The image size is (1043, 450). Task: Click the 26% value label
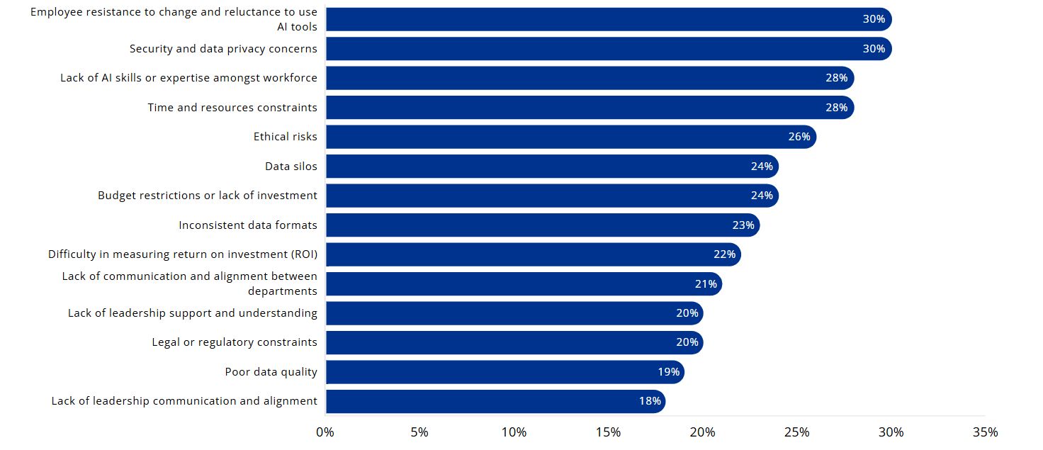click(x=799, y=137)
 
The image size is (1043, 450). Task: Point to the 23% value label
click(x=743, y=225)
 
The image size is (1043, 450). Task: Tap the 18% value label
click(x=649, y=401)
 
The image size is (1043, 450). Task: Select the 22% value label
click(x=724, y=254)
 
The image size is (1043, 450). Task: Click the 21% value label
click(x=706, y=284)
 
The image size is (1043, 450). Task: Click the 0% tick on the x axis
click(x=325, y=432)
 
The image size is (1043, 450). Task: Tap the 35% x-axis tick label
click(x=985, y=432)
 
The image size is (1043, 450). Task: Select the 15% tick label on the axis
click(x=608, y=432)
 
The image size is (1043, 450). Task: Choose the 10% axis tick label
click(x=514, y=432)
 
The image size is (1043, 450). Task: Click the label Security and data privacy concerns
click(x=223, y=49)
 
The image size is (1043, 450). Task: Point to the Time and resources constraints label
click(x=232, y=108)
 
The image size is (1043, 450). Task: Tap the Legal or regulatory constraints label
click(x=235, y=342)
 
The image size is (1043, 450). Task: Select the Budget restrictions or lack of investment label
click(x=208, y=196)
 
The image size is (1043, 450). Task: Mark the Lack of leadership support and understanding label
click(x=193, y=313)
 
